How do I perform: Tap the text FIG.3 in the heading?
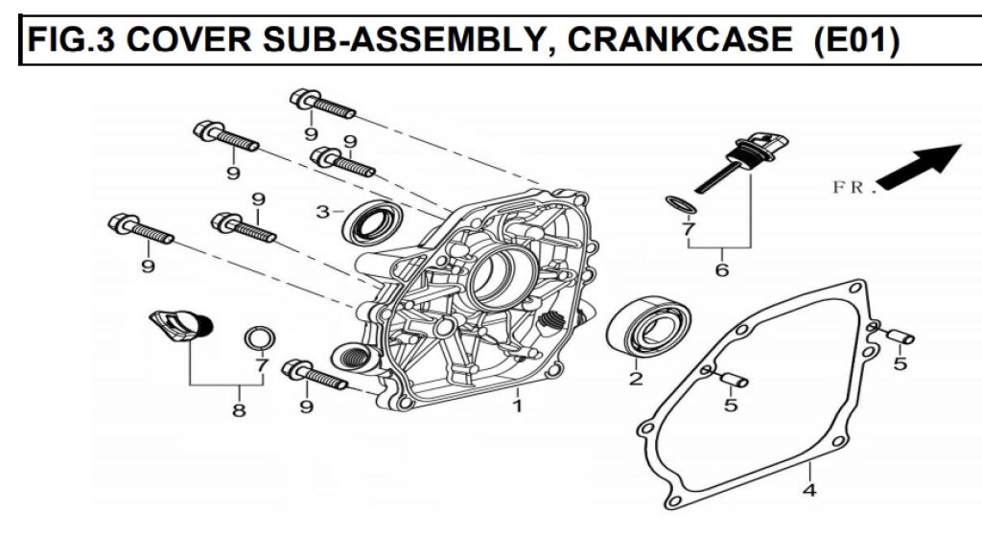coord(73,40)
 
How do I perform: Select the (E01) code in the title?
coord(854,40)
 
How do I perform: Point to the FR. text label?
coord(854,188)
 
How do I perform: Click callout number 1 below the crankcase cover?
coord(517,407)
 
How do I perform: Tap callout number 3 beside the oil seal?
coord(323,211)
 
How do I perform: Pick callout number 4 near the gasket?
coord(809,491)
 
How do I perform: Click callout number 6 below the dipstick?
coord(722,270)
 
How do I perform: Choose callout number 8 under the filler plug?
coord(238,410)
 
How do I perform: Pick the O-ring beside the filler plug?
coord(259,337)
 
